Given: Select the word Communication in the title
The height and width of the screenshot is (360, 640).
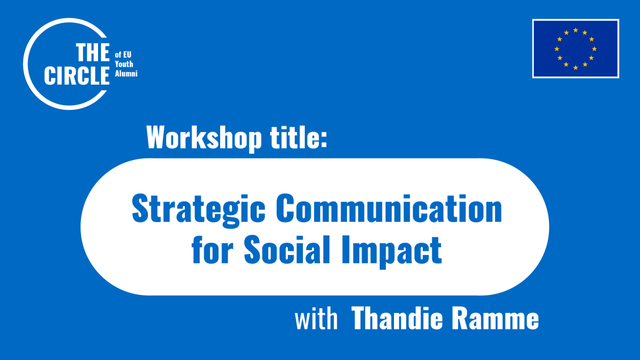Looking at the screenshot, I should tap(389, 209).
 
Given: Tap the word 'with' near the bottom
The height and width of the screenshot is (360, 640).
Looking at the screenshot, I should tap(316, 320).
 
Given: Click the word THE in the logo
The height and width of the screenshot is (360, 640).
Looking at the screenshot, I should tap(93, 54).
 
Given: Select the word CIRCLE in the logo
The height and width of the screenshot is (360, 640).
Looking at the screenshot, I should tap(77, 76).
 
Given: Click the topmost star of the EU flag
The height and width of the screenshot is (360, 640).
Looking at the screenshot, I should tap(575, 30).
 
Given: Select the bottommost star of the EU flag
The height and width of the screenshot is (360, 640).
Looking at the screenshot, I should tap(575, 68).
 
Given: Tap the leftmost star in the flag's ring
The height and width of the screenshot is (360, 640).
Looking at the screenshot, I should tap(557, 49).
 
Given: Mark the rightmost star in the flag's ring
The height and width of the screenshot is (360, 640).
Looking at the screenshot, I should tap(594, 49).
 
